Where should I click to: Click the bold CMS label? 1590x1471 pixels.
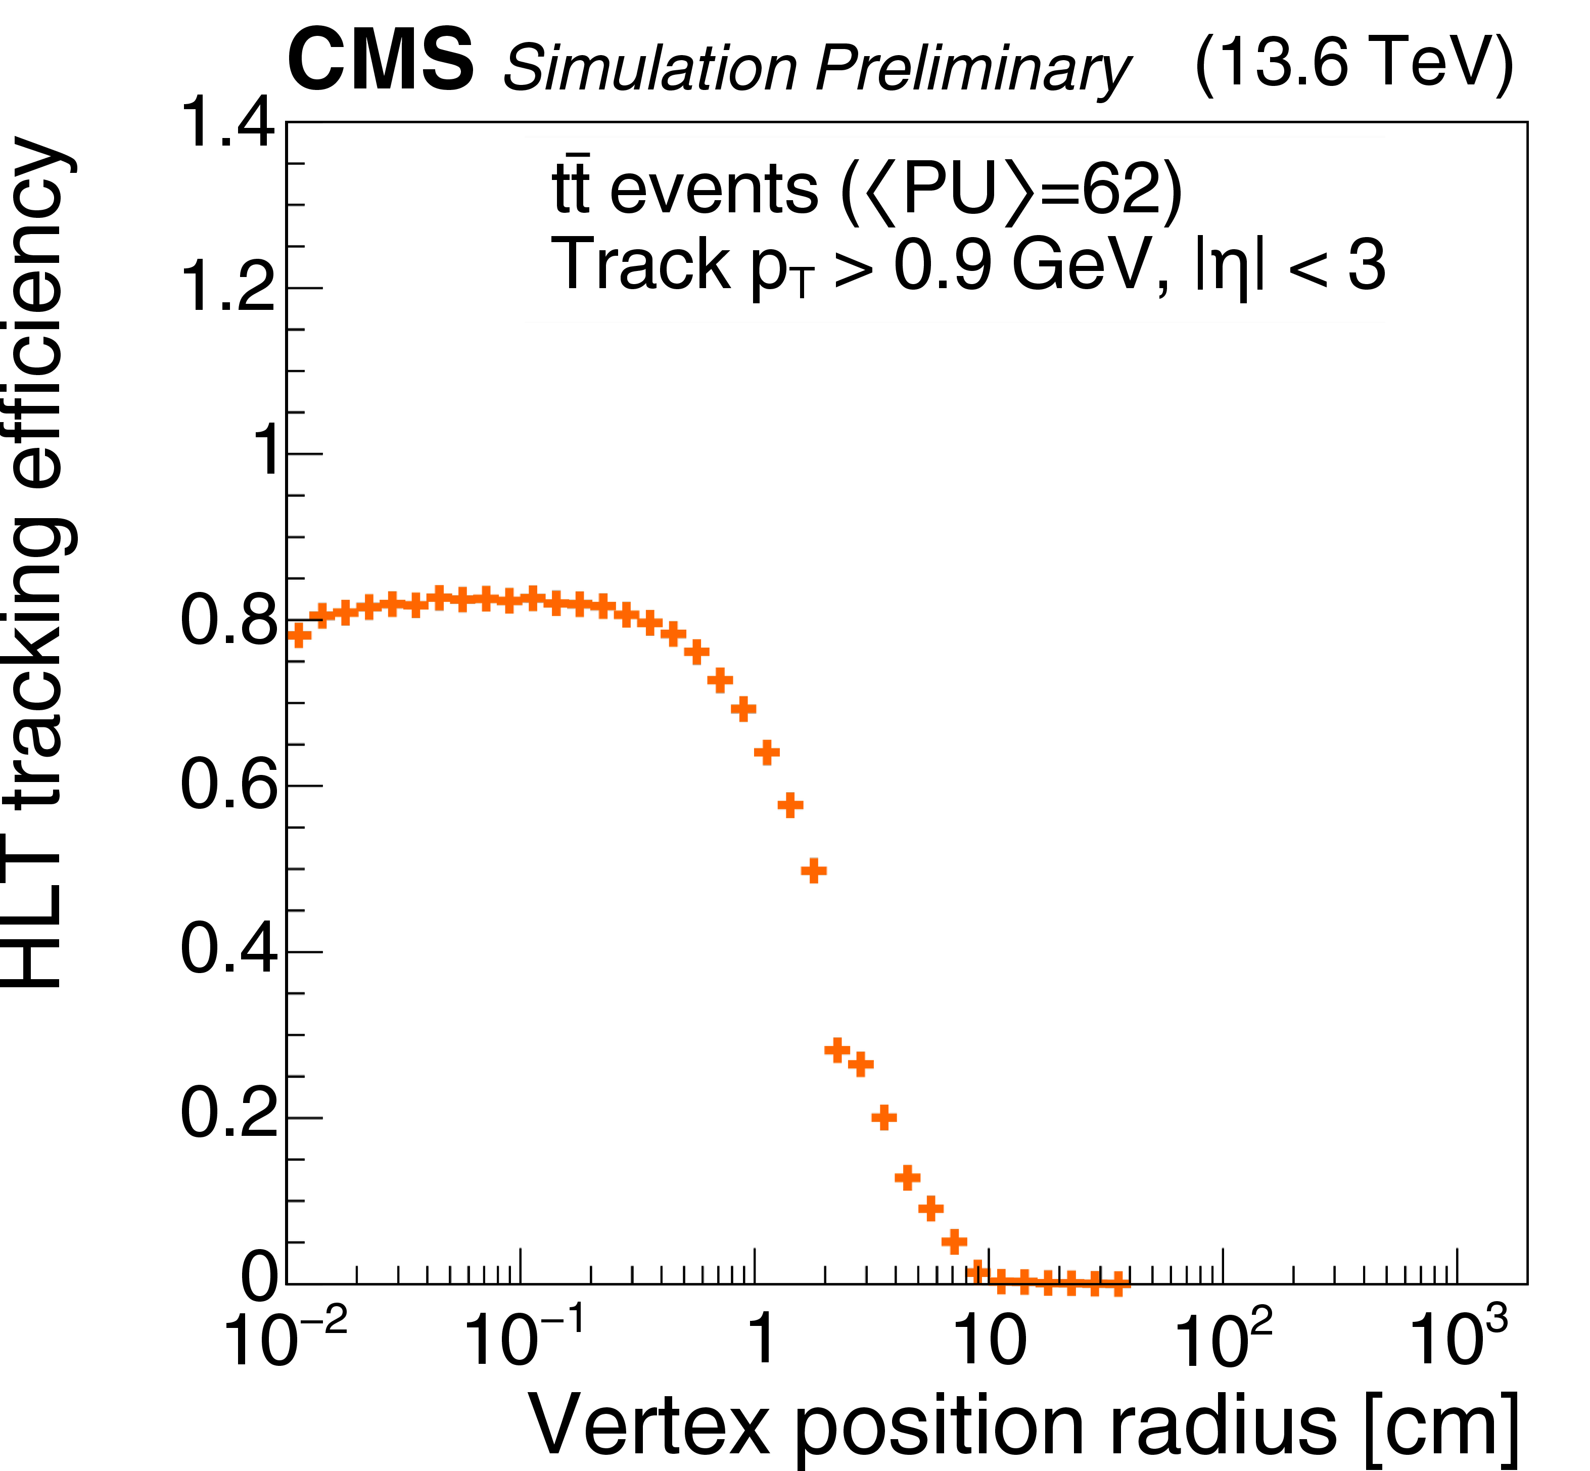tap(381, 61)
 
